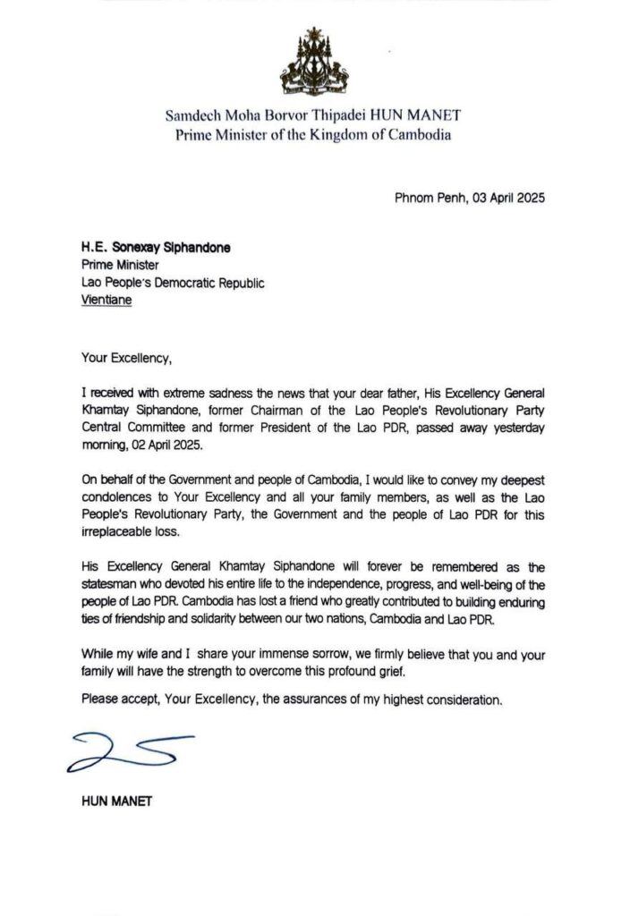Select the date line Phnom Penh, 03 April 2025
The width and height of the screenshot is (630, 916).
(x=470, y=198)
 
